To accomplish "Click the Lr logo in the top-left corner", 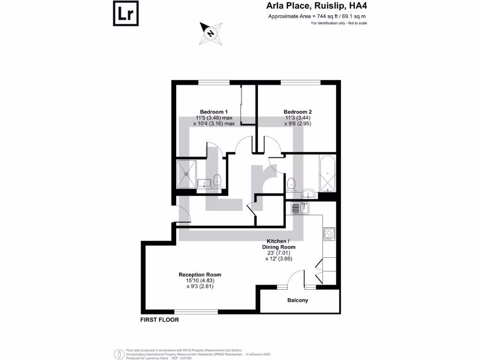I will click(x=126, y=14).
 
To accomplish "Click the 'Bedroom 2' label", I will click(x=298, y=112).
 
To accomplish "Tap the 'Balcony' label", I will click(x=298, y=300).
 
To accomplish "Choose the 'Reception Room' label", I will click(x=200, y=275).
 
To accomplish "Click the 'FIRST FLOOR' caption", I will click(x=160, y=320).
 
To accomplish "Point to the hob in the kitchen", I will click(x=329, y=232).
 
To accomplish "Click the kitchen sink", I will click(x=298, y=207).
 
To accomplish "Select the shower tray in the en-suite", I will click(x=187, y=173).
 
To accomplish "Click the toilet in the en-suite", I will click(x=217, y=180).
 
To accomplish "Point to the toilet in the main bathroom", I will click(x=291, y=183).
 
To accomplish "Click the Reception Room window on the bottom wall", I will click(x=196, y=311).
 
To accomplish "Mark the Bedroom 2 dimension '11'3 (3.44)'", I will click(x=298, y=118).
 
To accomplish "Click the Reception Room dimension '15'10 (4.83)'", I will click(x=200, y=281).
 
